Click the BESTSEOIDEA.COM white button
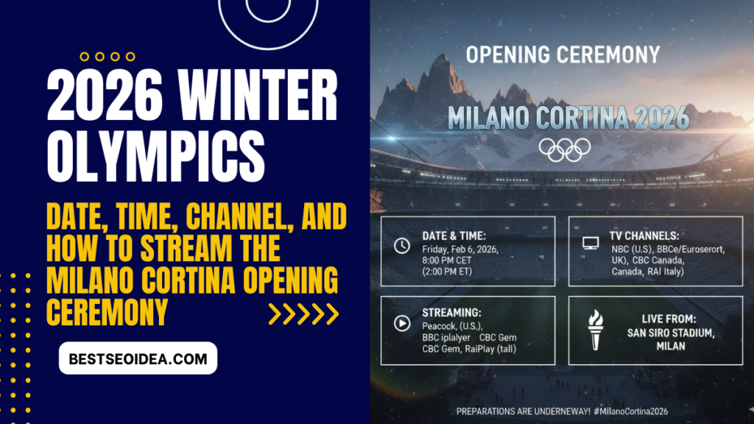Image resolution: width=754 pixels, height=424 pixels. [x=138, y=358]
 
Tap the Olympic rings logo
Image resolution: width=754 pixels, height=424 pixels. [x=565, y=149]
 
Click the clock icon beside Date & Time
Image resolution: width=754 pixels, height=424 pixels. [x=402, y=246]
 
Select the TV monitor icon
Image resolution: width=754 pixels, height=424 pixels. [x=590, y=242]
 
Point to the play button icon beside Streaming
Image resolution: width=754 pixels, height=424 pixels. [x=402, y=322]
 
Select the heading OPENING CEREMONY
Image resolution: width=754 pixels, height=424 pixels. [x=563, y=54]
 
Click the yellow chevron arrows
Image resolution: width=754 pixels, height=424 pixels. [x=303, y=314]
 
